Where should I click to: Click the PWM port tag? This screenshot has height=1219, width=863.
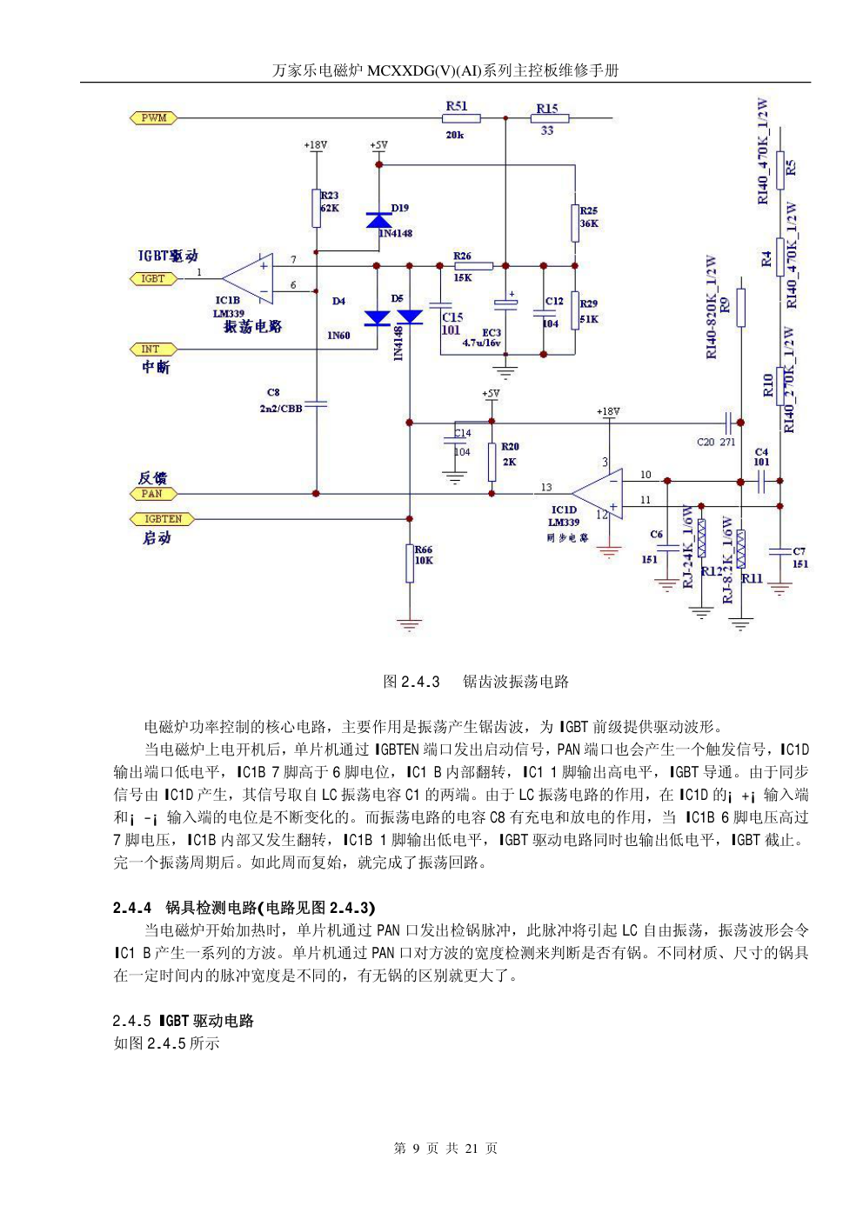tap(153, 117)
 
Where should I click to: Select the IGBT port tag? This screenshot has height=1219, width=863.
tap(153, 279)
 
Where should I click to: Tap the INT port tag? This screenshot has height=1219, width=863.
tap(151, 350)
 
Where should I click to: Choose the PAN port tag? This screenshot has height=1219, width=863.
tap(152, 494)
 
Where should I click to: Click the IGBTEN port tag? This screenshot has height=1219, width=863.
tap(163, 519)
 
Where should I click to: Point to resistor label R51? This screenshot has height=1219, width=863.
tap(457, 106)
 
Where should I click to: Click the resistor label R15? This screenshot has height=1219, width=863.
tap(547, 109)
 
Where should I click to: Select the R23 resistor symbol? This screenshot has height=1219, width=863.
tap(317, 208)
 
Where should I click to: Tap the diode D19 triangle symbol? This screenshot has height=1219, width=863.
tap(379, 219)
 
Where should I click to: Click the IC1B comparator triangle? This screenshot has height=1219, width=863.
tap(251, 279)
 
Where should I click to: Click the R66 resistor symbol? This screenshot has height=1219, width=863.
tap(410, 563)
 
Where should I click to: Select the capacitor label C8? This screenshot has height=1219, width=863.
tap(273, 392)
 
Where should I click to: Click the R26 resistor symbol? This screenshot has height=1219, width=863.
tap(473, 266)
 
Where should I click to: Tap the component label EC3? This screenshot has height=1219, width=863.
tap(492, 332)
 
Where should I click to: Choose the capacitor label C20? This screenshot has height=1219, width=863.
tap(706, 443)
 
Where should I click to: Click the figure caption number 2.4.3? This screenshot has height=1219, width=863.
tap(420, 682)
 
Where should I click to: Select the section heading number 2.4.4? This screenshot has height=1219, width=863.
tap(132, 908)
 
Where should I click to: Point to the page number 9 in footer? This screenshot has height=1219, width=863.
tap(416, 1149)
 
